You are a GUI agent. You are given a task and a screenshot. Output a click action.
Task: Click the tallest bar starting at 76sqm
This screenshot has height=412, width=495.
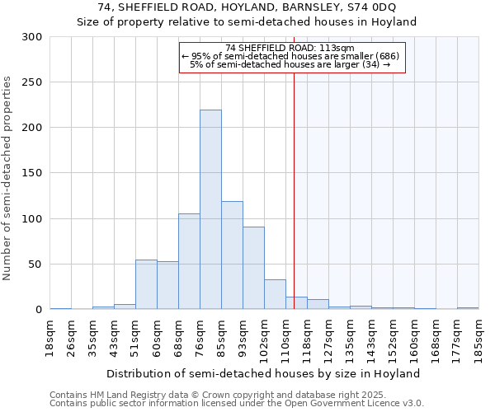[210, 210]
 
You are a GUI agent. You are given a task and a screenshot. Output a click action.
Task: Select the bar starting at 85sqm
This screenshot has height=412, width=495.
[232, 255]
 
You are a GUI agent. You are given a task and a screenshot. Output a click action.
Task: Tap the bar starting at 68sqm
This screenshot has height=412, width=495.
[189, 261]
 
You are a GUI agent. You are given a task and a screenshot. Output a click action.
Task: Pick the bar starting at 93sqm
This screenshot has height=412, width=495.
[253, 268]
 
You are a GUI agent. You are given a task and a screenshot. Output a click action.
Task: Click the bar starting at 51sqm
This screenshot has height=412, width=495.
[146, 284]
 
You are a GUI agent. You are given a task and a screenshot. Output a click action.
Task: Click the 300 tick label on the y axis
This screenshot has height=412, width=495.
[32, 37]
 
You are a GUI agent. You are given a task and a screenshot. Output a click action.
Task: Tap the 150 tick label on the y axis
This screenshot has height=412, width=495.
[32, 173]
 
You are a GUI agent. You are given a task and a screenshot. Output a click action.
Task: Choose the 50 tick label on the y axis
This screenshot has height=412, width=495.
[35, 265]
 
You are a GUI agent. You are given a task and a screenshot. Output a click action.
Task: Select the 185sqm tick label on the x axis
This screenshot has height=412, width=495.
[479, 339]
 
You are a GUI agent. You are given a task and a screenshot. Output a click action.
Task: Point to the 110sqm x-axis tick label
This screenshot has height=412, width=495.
[286, 339]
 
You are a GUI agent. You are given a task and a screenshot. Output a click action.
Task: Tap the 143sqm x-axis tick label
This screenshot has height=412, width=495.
[372, 339]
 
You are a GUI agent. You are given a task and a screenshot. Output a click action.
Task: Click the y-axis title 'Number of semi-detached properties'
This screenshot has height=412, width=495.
[8, 178]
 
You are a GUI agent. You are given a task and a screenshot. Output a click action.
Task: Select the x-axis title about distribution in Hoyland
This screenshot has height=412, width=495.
[264, 373]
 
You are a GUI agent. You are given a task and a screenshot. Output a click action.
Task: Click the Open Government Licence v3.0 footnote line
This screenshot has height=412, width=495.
[237, 403]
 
